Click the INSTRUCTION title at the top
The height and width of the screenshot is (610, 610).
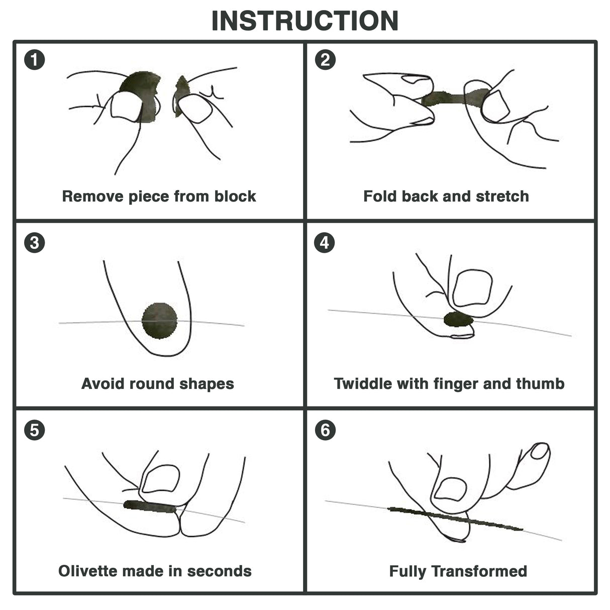coord(304,21)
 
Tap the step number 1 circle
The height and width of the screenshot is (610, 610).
coord(34,60)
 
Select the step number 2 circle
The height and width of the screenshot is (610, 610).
coord(325,60)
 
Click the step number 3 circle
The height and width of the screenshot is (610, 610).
coord(34,243)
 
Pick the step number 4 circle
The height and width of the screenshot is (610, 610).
coord(325,243)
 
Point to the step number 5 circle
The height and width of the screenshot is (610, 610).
coord(34,430)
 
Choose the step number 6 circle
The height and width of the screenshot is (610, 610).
coord(325,430)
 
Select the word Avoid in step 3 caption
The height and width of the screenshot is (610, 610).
coord(103,384)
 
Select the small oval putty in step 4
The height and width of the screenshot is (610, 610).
coord(458,319)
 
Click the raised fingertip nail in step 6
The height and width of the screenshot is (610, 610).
coord(540,451)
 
